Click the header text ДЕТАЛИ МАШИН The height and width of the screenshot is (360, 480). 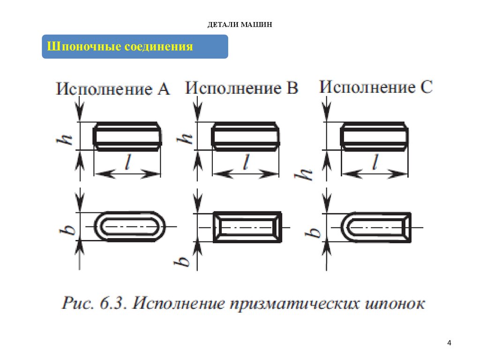pos(240,24)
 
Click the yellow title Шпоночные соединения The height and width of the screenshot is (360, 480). pos(120,46)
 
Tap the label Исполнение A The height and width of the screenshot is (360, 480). pos(113,89)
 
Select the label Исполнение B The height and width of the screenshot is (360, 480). pos(241,88)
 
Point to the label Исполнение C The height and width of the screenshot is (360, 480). pos(376,87)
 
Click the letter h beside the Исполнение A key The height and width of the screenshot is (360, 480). pos(65,140)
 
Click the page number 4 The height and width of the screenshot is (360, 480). pos(449,343)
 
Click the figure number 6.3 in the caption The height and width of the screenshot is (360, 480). pos(113,303)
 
